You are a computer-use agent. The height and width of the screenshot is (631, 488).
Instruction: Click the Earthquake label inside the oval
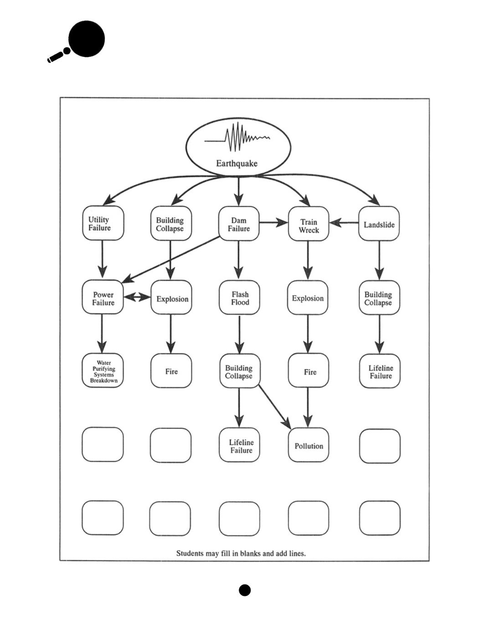pyautogui.click(x=236, y=163)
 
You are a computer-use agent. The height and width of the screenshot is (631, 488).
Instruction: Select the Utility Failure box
pyautogui.click(x=103, y=223)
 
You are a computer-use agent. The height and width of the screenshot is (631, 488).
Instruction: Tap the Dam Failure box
pyautogui.click(x=239, y=224)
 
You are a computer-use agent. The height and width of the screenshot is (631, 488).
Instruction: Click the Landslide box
pyautogui.click(x=379, y=224)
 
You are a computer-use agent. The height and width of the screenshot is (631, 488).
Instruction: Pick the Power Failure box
pyautogui.click(x=103, y=298)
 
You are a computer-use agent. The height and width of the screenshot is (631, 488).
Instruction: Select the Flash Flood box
pyautogui.click(x=239, y=298)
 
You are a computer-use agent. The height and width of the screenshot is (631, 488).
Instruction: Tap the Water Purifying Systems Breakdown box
pyautogui.click(x=103, y=371)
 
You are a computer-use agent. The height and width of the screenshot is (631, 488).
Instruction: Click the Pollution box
pyautogui.click(x=308, y=445)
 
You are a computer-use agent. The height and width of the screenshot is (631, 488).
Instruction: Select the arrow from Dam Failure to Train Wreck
pyautogui.click(x=273, y=223)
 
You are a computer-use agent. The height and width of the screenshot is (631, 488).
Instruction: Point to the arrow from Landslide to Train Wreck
pyautogui.click(x=344, y=223)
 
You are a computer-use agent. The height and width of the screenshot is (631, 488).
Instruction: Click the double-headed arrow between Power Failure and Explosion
pyautogui.click(x=137, y=298)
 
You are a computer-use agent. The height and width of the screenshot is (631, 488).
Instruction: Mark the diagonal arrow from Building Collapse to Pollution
pyautogui.click(x=275, y=407)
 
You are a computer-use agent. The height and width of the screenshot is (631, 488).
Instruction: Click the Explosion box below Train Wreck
pyautogui.click(x=308, y=298)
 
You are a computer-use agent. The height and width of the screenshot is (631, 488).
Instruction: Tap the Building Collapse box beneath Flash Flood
pyautogui.click(x=239, y=371)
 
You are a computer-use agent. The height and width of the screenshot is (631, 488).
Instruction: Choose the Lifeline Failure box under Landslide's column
pyautogui.click(x=380, y=371)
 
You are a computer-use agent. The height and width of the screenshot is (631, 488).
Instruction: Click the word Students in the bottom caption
pyautogui.click(x=190, y=554)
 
